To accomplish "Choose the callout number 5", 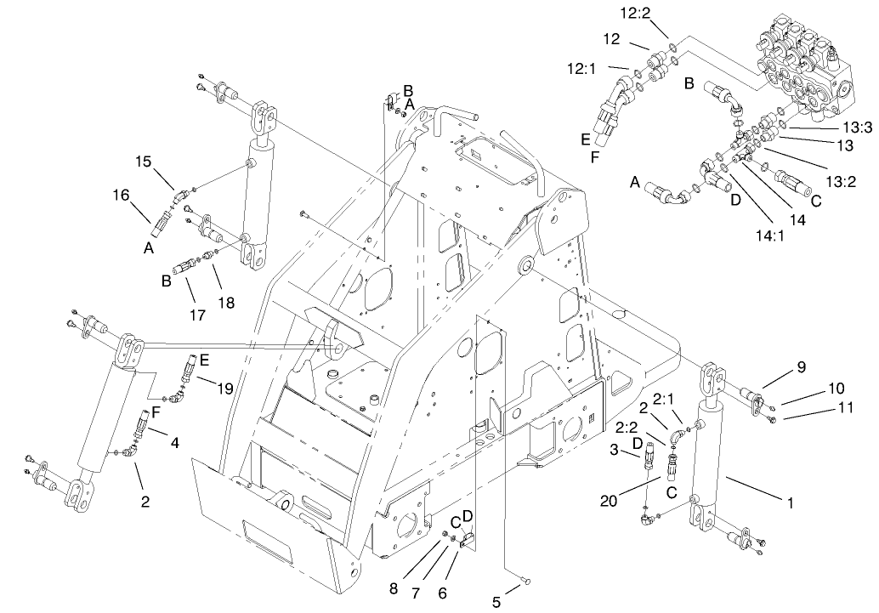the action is coord(496,603).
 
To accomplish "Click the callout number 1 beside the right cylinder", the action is coord(791,502).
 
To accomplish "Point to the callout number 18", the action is coord(226,303).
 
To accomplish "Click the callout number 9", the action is coord(800,367).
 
